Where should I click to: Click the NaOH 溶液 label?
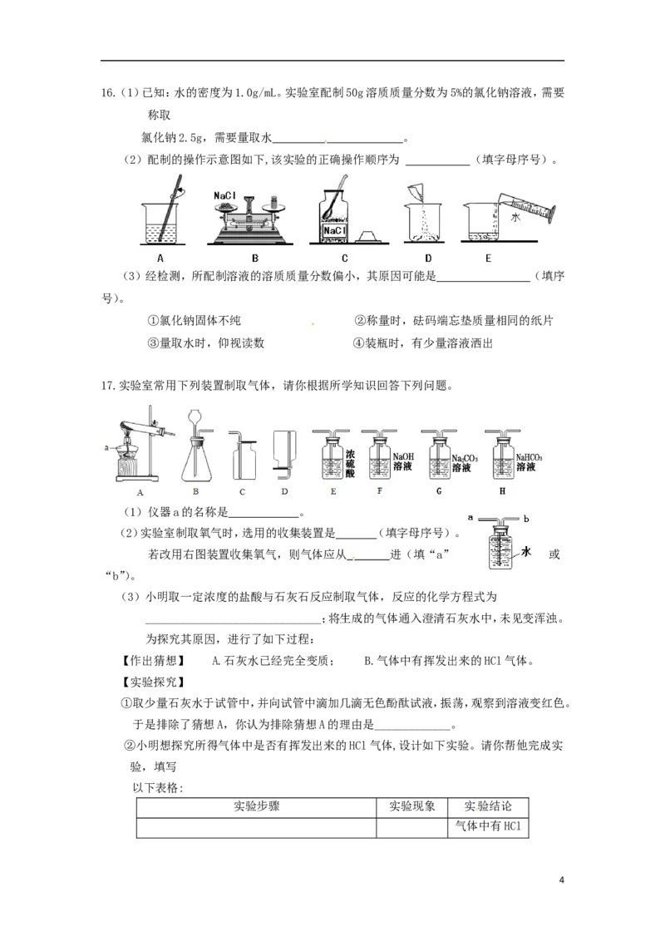coord(403,461)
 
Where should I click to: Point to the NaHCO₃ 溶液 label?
coord(529,462)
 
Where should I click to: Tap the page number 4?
coord(561,880)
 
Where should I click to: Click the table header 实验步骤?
coord(256,806)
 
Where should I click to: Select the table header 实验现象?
coord(411,806)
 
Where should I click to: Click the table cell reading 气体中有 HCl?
coord(488,825)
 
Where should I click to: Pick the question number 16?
coord(108,93)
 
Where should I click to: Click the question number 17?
coord(108,386)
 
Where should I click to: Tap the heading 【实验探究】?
coord(154,682)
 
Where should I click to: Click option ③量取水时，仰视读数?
coord(206,343)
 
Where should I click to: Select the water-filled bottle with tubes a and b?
coord(500,543)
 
